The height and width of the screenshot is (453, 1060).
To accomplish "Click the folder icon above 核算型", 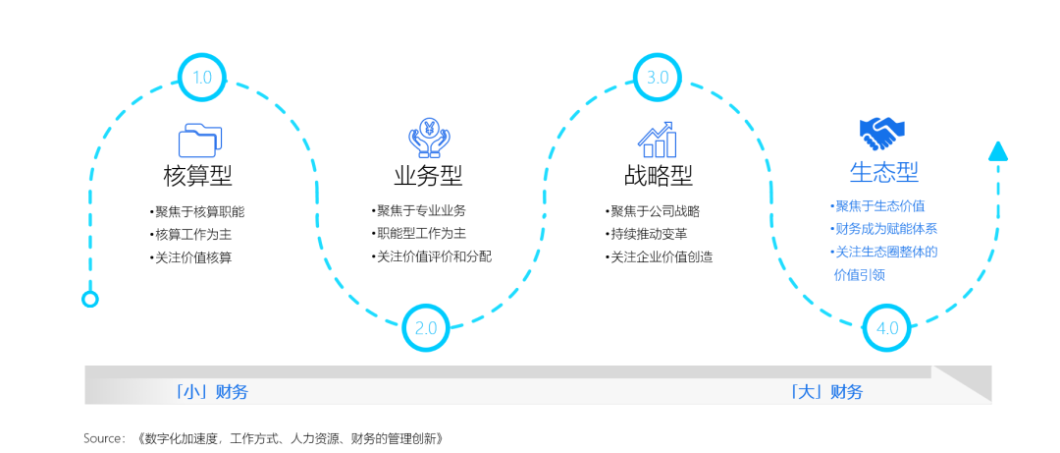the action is tap(199, 141).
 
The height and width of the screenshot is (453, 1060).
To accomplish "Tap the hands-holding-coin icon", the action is tap(429, 138).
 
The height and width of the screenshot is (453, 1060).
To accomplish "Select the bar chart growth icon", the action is tap(657, 140).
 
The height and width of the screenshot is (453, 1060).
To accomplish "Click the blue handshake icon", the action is tap(882, 134).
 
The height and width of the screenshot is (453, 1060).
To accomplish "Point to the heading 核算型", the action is tap(198, 176).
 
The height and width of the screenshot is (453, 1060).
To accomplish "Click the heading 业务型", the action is tap(429, 176).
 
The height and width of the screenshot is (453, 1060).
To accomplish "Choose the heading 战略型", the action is tap(659, 176).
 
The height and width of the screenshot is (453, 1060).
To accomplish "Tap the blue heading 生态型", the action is tap(884, 171).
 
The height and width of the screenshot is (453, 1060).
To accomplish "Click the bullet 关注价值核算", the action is tap(190, 258).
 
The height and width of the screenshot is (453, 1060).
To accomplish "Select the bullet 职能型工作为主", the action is tap(418, 234).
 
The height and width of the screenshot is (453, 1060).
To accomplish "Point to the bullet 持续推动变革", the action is tap(646, 234).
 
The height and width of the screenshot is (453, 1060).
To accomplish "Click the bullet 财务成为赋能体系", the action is tap(883, 229).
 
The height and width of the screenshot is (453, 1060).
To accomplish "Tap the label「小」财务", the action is tap(211, 391).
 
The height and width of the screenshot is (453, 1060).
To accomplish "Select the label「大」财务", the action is tap(826, 391).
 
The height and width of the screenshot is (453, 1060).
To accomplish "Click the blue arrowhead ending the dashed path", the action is tap(998, 151).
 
